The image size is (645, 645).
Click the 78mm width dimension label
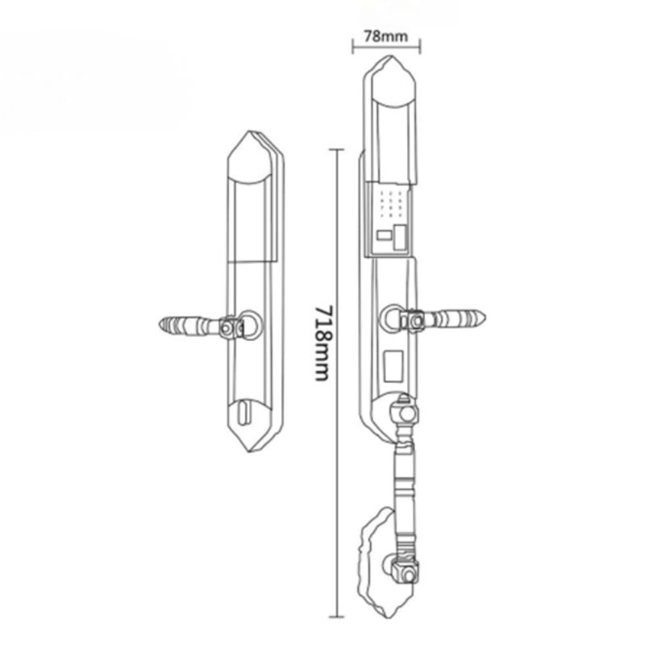[x=386, y=36]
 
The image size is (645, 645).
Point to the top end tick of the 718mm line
[x=336, y=150]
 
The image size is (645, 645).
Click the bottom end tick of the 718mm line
[x=336, y=617]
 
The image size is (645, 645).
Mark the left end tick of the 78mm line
[x=353, y=46]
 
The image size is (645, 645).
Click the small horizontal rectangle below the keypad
[x=385, y=235]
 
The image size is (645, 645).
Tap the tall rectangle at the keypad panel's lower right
[x=398, y=237]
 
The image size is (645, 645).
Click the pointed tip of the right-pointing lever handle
[x=485, y=317]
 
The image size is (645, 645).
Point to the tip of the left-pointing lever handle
[x=160, y=325]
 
